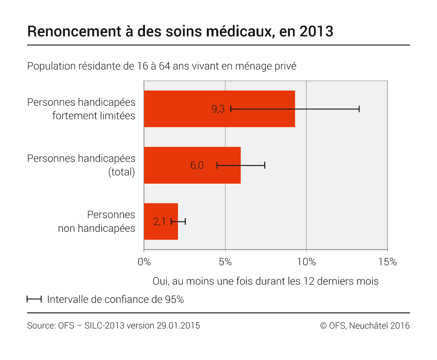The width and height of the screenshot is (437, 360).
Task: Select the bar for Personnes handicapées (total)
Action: click(167, 165)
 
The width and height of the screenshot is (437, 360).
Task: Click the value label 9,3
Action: click(218, 109)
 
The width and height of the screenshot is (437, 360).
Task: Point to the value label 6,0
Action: click(197, 165)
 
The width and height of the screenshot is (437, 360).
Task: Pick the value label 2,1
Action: click(160, 221)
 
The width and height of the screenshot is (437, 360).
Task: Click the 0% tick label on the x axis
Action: click(144, 261)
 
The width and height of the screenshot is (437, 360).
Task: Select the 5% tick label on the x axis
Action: click(225, 261)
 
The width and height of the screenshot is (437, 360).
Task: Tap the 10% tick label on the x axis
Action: click(306, 261)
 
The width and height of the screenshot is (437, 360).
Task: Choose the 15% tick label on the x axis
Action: click(387, 261)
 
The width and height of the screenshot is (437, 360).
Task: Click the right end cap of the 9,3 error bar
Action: click(359, 109)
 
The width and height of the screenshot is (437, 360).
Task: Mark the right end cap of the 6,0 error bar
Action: click(265, 165)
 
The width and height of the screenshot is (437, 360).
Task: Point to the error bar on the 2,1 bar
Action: click(178, 221)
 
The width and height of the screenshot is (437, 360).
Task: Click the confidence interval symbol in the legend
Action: click(34, 300)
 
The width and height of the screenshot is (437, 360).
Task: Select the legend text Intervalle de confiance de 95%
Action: click(115, 300)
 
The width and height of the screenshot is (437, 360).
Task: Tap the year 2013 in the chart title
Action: click(316, 31)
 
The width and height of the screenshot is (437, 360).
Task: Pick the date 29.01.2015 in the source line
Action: click(178, 325)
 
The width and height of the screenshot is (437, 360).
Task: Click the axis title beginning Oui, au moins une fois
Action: click(265, 281)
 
